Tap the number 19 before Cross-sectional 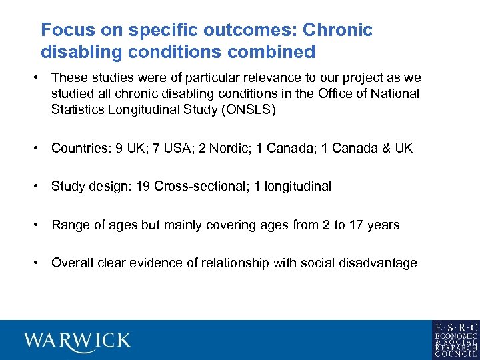(x=143, y=187)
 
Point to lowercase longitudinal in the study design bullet (x=297, y=187)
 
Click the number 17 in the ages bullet (x=357, y=225)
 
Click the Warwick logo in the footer (x=77, y=341)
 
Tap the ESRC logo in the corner (x=455, y=340)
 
